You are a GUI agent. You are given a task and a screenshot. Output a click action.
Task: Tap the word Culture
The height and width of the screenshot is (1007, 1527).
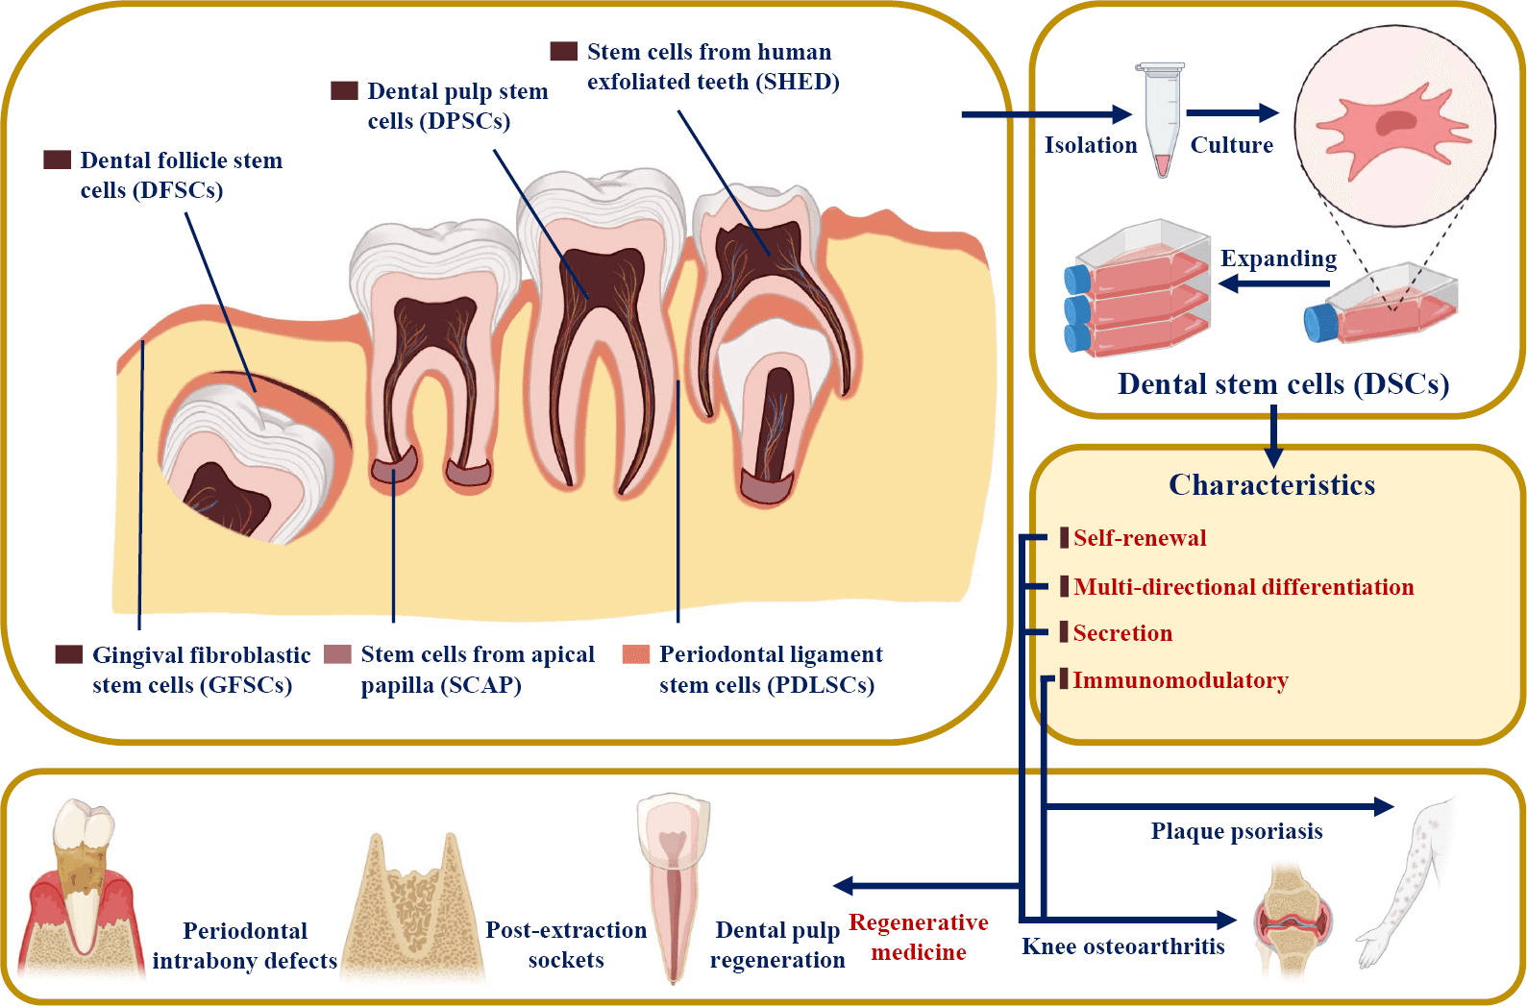pos(1231,145)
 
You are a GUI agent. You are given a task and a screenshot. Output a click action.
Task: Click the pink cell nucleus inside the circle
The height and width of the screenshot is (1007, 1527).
pos(1395,123)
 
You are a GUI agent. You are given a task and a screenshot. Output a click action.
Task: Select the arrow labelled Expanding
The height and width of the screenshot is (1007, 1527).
pos(1274,283)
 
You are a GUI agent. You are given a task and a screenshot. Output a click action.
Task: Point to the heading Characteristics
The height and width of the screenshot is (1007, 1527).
pos(1271,485)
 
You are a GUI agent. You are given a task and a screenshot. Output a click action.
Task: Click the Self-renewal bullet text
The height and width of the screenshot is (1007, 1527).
pos(1139,538)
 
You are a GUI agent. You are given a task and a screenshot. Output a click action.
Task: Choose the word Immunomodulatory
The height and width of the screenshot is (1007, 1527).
pos(1180,680)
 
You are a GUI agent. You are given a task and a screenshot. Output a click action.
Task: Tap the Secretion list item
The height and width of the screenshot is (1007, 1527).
pos(1122,633)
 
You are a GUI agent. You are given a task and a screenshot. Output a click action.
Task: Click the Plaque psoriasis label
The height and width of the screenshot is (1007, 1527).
pos(1236,831)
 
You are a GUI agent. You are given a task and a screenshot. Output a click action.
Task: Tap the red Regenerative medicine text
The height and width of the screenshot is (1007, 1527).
pos(918,937)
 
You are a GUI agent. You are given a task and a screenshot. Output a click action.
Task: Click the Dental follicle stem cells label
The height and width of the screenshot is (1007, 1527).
pos(181,175)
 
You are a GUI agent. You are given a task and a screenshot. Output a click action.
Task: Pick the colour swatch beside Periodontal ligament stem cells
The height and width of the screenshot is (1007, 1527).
pos(635,655)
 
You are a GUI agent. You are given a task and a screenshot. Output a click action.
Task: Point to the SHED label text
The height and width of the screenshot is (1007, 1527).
pos(712,66)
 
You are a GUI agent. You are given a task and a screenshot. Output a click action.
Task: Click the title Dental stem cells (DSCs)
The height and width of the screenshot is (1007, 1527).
pos(1282,384)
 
